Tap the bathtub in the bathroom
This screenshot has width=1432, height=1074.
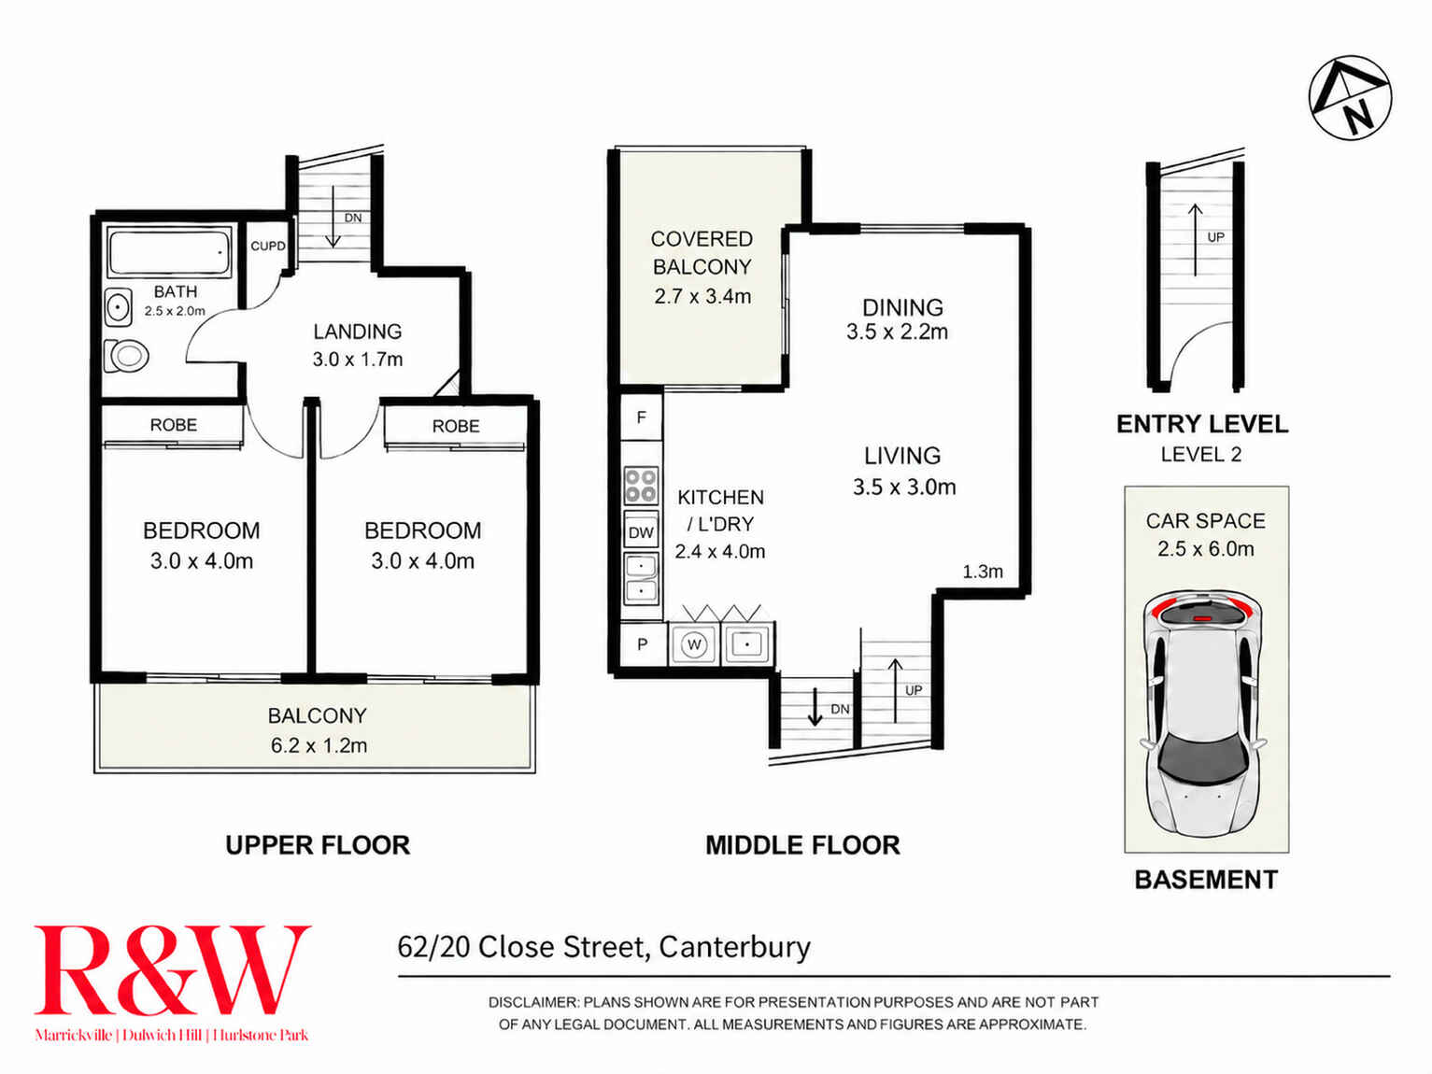tap(170, 250)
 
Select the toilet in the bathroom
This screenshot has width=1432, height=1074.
tap(126, 356)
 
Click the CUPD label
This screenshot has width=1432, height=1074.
tap(268, 246)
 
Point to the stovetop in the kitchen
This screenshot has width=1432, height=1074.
tap(641, 485)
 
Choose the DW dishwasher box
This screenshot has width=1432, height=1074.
tap(641, 532)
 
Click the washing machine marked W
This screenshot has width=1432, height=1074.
tap(693, 645)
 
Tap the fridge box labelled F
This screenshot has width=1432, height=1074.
tap(642, 417)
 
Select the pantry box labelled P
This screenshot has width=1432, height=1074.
tap(643, 645)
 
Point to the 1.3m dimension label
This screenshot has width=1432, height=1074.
tap(983, 572)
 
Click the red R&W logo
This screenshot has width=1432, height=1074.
tap(172, 970)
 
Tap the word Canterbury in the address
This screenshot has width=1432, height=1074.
tap(734, 948)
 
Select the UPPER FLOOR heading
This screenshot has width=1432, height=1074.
tap(318, 846)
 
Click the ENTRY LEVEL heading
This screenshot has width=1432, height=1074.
tap(1202, 425)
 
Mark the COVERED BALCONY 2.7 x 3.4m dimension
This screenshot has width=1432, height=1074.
tap(702, 297)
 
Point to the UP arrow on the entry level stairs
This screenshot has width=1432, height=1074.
tap(1195, 239)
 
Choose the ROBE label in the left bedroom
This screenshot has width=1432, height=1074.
tap(174, 425)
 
